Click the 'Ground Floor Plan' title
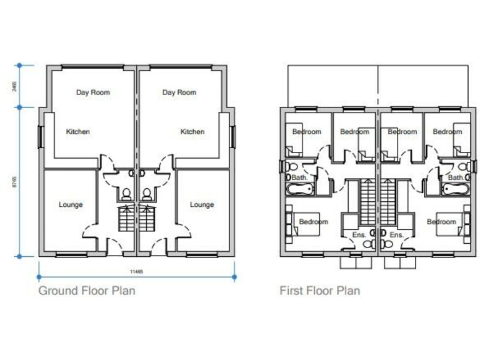(87, 290)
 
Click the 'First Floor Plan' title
(319, 290)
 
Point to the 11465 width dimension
(137, 271)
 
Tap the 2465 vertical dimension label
(14, 86)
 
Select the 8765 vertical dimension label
(14, 182)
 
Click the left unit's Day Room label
(93, 92)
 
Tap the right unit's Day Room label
(179, 92)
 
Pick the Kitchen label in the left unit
(78, 132)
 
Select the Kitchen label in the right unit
(192, 132)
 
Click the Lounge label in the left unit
(71, 205)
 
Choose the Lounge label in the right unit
(202, 205)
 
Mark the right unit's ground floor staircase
(147, 219)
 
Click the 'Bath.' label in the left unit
(300, 177)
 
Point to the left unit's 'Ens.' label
(359, 235)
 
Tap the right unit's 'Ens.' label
(396, 235)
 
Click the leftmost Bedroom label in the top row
(307, 132)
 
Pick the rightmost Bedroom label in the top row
(447, 132)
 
